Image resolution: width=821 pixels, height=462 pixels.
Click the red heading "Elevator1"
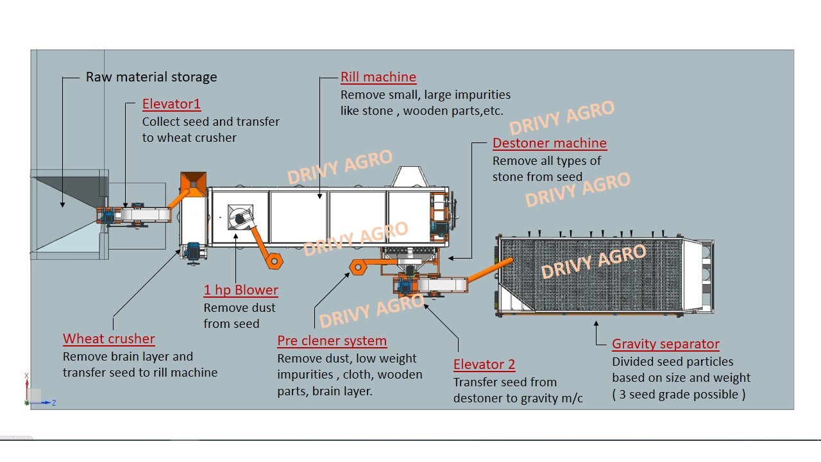171,104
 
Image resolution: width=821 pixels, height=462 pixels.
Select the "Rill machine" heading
378,77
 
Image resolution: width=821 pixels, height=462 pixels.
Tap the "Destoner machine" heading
549,143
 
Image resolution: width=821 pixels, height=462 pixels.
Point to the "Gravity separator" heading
665,344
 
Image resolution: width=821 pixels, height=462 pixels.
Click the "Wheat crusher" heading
108,339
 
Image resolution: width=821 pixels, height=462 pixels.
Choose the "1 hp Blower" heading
241,290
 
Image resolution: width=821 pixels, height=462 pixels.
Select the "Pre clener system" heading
332,341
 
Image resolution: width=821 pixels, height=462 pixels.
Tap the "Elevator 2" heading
484,364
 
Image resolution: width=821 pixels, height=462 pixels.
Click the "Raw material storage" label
151,77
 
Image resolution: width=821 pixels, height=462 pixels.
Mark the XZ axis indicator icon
35,393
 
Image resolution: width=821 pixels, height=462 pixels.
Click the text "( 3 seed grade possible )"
679,395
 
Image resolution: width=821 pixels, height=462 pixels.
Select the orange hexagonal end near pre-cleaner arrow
358,266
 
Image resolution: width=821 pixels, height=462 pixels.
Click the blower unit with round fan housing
240,218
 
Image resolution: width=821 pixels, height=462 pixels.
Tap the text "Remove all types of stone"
546,161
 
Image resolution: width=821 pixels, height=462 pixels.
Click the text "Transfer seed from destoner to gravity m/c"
518,390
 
